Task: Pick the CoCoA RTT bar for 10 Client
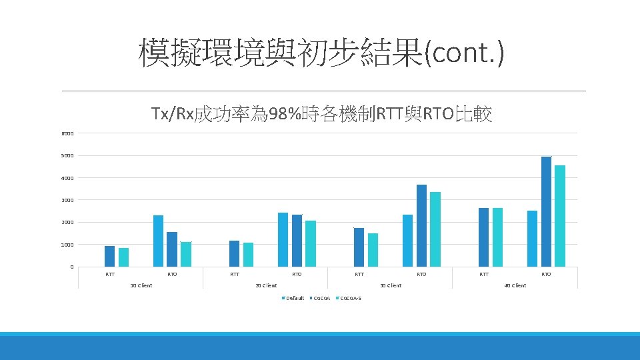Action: [109, 257]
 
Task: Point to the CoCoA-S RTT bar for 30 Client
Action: [373, 250]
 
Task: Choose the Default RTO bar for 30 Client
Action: [407, 241]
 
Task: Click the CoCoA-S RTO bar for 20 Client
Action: [311, 243]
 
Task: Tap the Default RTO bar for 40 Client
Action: [532, 239]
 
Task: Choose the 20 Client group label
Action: [266, 285]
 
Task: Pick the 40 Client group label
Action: [515, 285]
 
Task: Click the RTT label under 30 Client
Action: [359, 274]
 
